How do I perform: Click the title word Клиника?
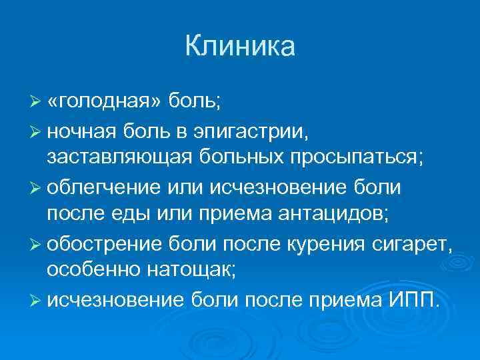(239, 47)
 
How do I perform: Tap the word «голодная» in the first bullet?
(103, 101)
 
